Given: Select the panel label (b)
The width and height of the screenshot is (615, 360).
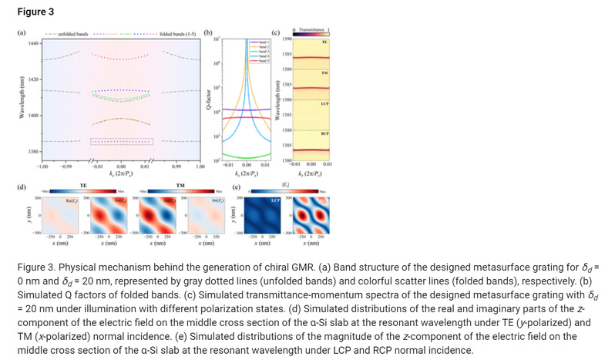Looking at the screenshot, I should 209,33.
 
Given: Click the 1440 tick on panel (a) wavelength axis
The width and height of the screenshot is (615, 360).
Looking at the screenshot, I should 32,43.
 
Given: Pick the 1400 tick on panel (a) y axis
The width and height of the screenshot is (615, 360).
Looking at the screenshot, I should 32,116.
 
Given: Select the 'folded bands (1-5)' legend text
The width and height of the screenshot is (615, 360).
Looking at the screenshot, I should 176,34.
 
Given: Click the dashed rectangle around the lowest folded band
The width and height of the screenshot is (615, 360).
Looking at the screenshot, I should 121,141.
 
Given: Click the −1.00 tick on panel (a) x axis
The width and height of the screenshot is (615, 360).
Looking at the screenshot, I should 43,166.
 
